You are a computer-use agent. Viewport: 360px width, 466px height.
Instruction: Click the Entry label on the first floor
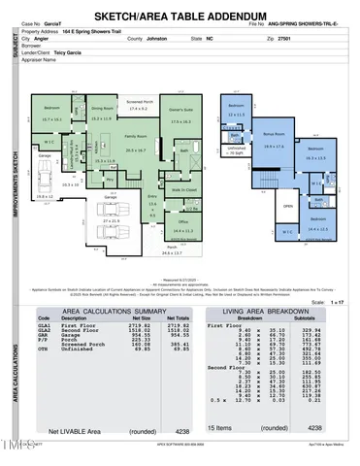pos(150,196)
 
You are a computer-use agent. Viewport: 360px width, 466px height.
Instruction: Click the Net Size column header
pos(141,317)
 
